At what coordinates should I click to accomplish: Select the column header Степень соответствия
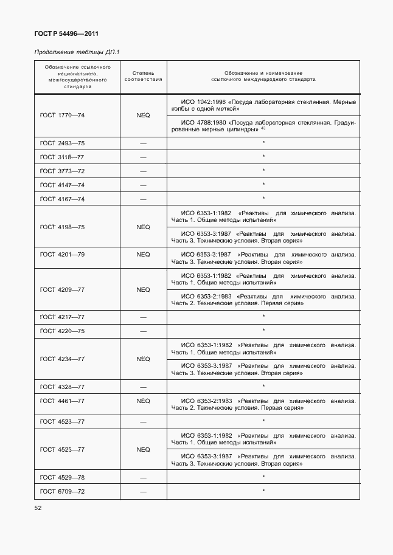coord(143,76)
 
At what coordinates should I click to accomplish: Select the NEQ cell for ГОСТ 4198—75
coord(143,227)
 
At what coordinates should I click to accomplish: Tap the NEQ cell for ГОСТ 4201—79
coord(143,255)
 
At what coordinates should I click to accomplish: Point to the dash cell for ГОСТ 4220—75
coord(143,331)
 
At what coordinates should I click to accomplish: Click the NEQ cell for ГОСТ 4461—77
coord(143,401)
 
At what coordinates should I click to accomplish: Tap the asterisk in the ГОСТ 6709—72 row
coord(263,490)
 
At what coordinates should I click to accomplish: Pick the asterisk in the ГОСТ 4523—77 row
coord(263,420)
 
